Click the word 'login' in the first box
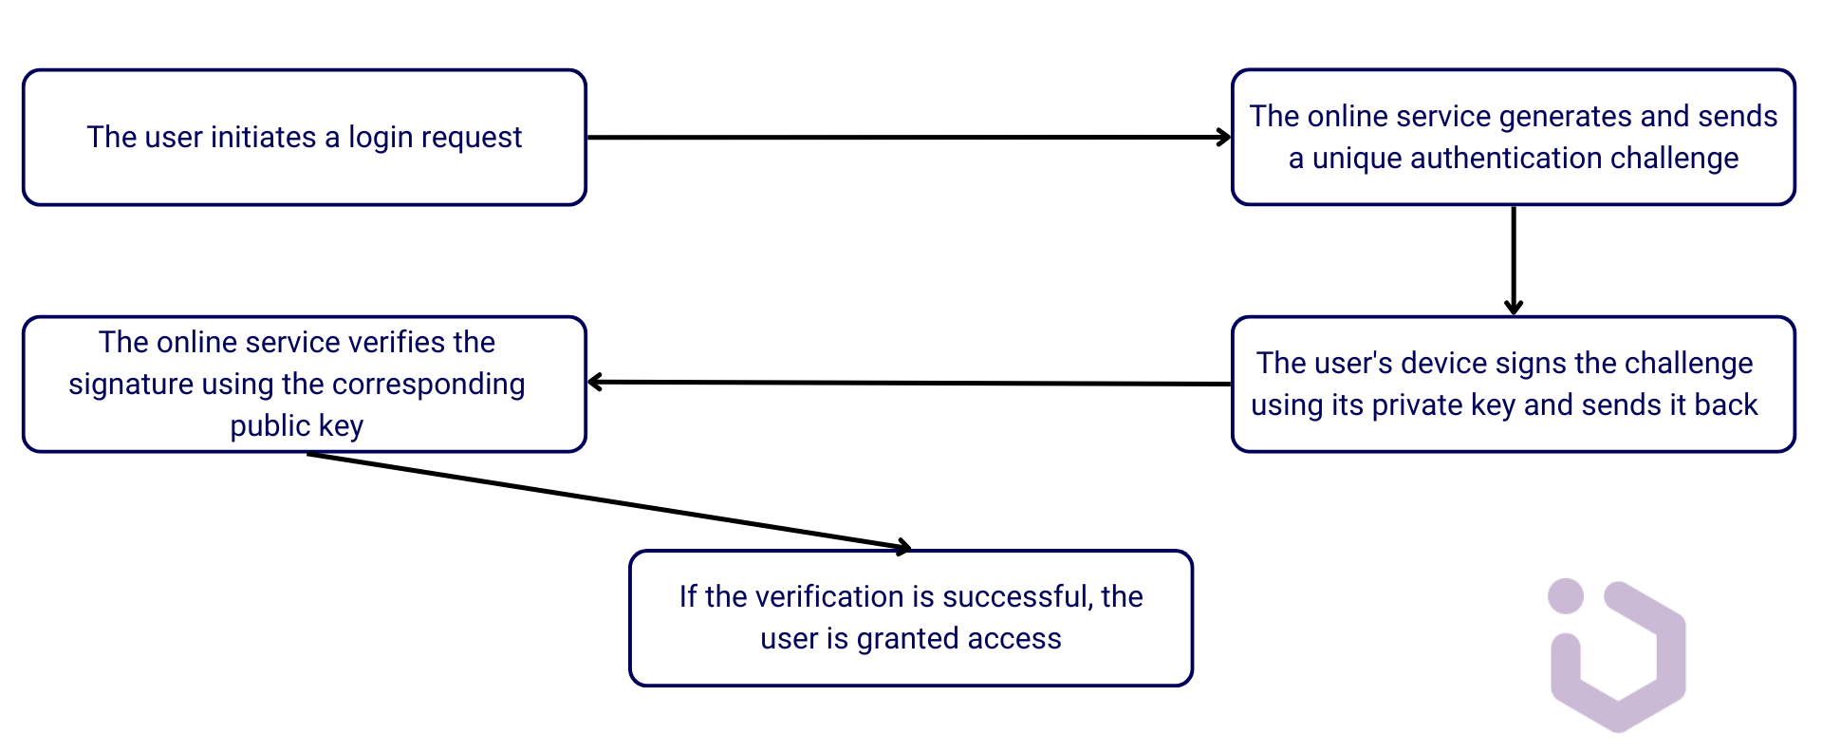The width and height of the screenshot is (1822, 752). point(381,138)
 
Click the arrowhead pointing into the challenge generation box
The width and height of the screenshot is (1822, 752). point(1224,138)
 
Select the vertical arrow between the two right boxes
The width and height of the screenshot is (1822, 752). point(1514,258)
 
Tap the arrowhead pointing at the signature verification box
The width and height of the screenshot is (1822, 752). point(596,383)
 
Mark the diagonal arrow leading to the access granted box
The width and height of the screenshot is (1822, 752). point(607,501)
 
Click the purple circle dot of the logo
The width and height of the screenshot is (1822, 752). point(1565,596)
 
